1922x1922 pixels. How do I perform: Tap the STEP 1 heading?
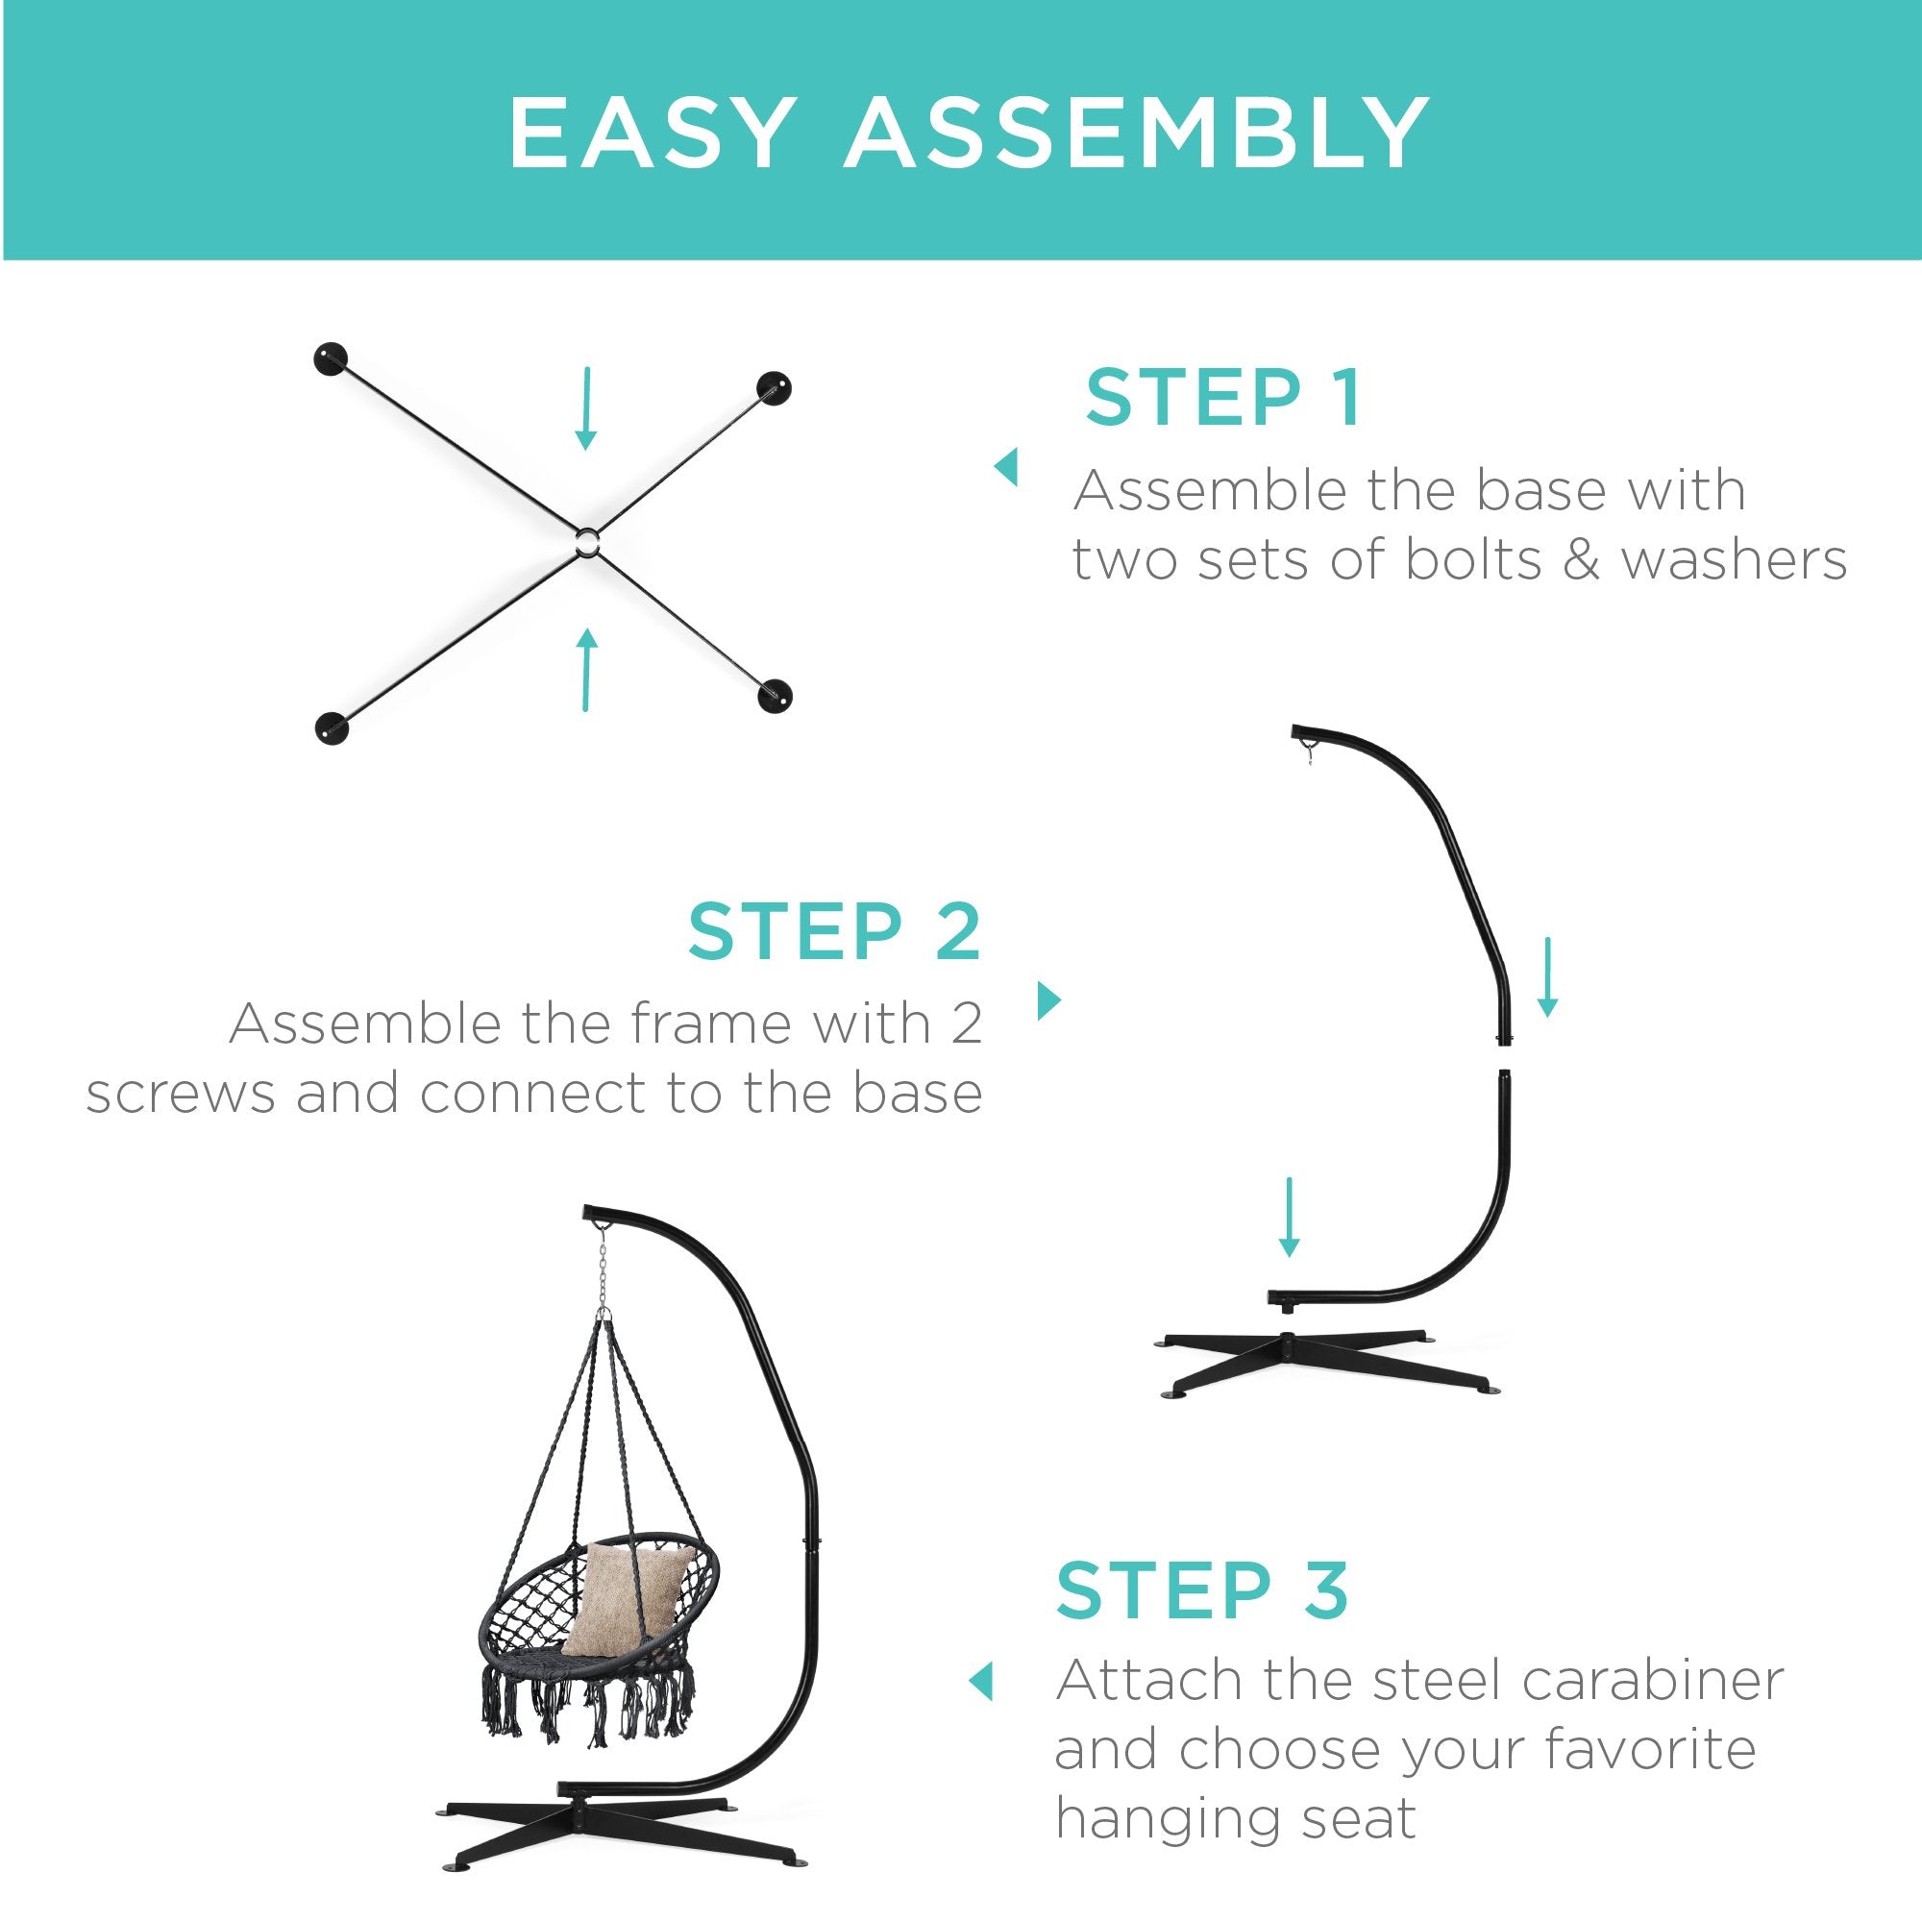(x=1222, y=398)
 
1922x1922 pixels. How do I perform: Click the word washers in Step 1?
(x=1734, y=560)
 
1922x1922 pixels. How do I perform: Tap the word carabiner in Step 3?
(x=1653, y=1680)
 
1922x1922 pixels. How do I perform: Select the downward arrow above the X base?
(x=587, y=407)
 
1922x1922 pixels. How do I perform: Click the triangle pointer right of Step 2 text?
(x=1049, y=999)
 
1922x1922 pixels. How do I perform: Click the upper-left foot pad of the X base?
(x=332, y=359)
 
